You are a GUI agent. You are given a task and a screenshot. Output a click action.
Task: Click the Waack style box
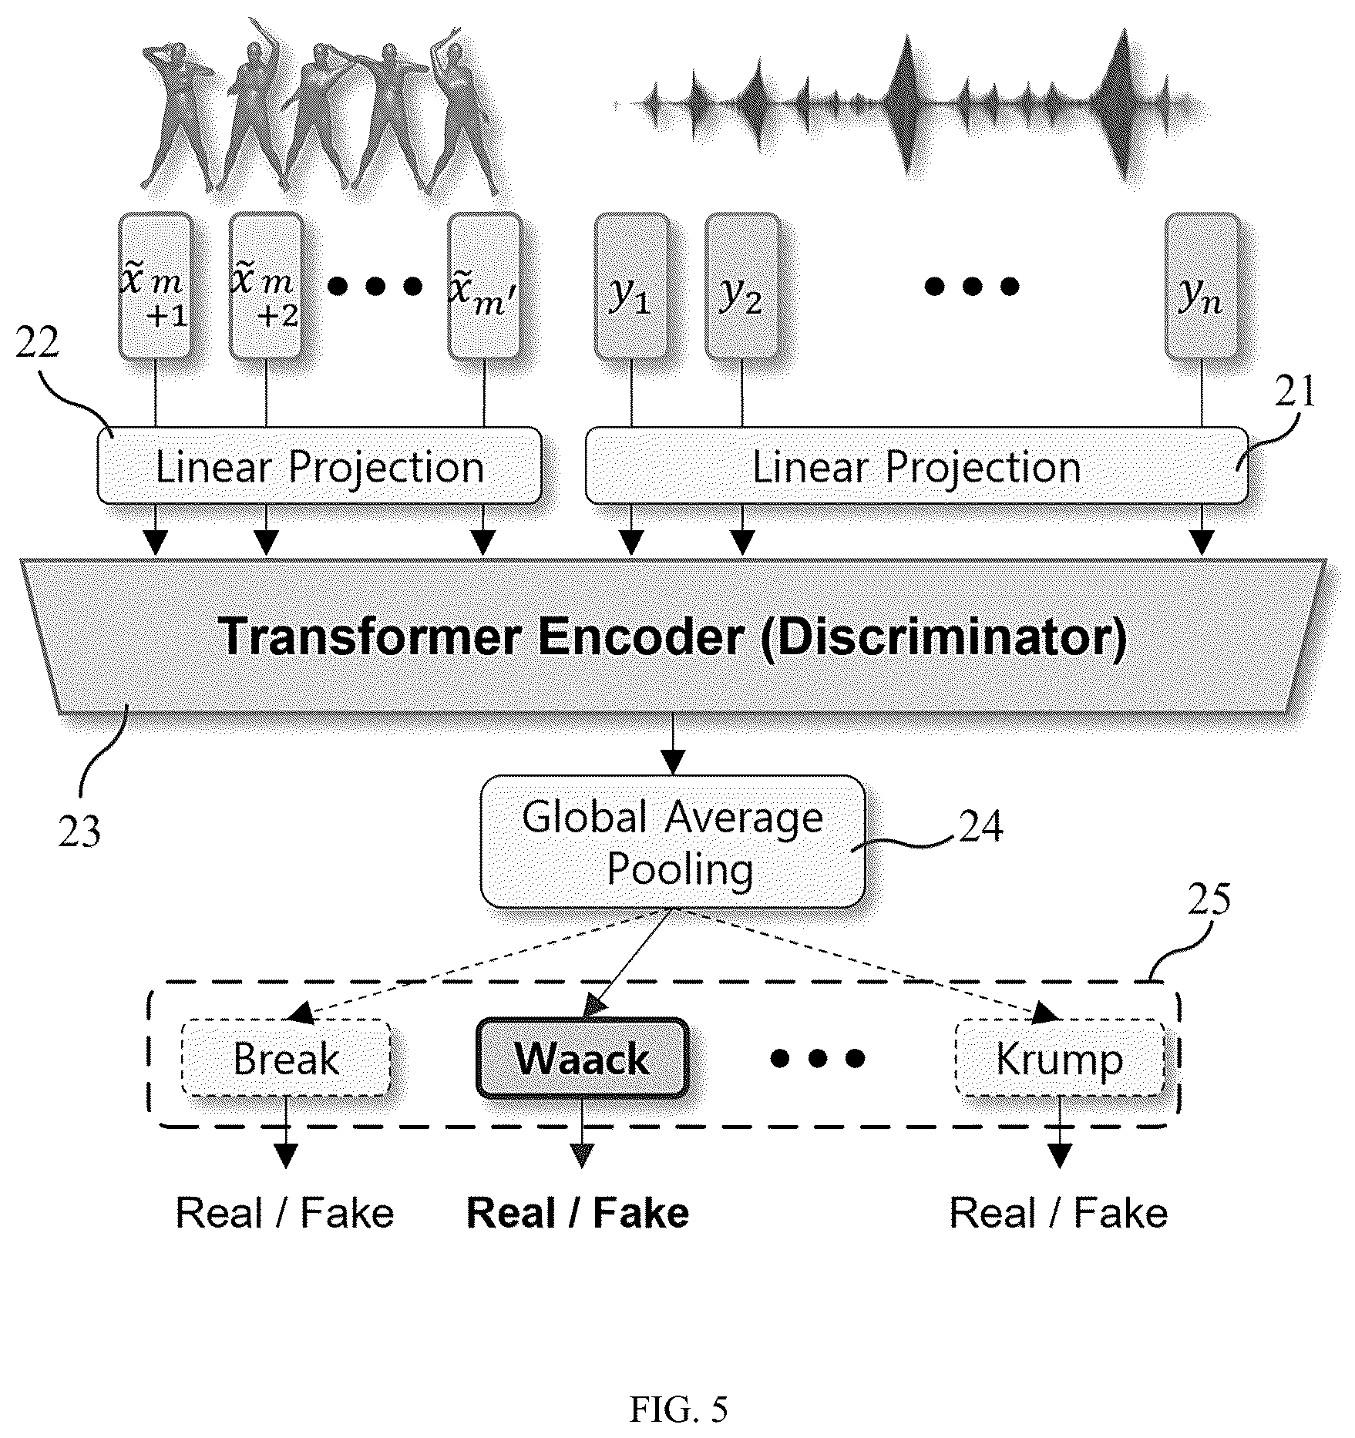[x=582, y=1058]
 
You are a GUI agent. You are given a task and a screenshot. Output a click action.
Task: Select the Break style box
[x=286, y=1058]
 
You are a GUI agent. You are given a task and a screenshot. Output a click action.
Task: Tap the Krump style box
[x=1060, y=1058]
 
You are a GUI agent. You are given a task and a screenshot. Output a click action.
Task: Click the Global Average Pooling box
[x=673, y=842]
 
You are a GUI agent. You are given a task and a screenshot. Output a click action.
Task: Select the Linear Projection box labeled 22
[x=320, y=466]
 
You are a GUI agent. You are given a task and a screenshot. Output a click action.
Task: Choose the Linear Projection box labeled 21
[x=916, y=466]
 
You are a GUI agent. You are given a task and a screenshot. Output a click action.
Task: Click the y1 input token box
[x=632, y=287]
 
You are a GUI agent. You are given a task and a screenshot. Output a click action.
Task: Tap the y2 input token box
[x=741, y=287]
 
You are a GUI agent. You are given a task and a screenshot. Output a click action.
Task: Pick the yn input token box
[x=1202, y=287]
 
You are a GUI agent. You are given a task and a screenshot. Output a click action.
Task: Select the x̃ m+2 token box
[x=267, y=287]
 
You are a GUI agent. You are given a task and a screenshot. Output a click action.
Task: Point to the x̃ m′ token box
[x=485, y=287]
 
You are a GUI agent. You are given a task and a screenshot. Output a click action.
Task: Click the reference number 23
[x=79, y=833]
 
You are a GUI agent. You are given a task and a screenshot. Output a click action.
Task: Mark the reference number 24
[x=980, y=826]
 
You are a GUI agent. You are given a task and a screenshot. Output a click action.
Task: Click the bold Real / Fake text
[x=578, y=1213]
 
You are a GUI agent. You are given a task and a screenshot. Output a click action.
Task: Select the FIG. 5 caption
[x=678, y=1409]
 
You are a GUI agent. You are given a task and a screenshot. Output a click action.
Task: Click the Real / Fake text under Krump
[x=1058, y=1213]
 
